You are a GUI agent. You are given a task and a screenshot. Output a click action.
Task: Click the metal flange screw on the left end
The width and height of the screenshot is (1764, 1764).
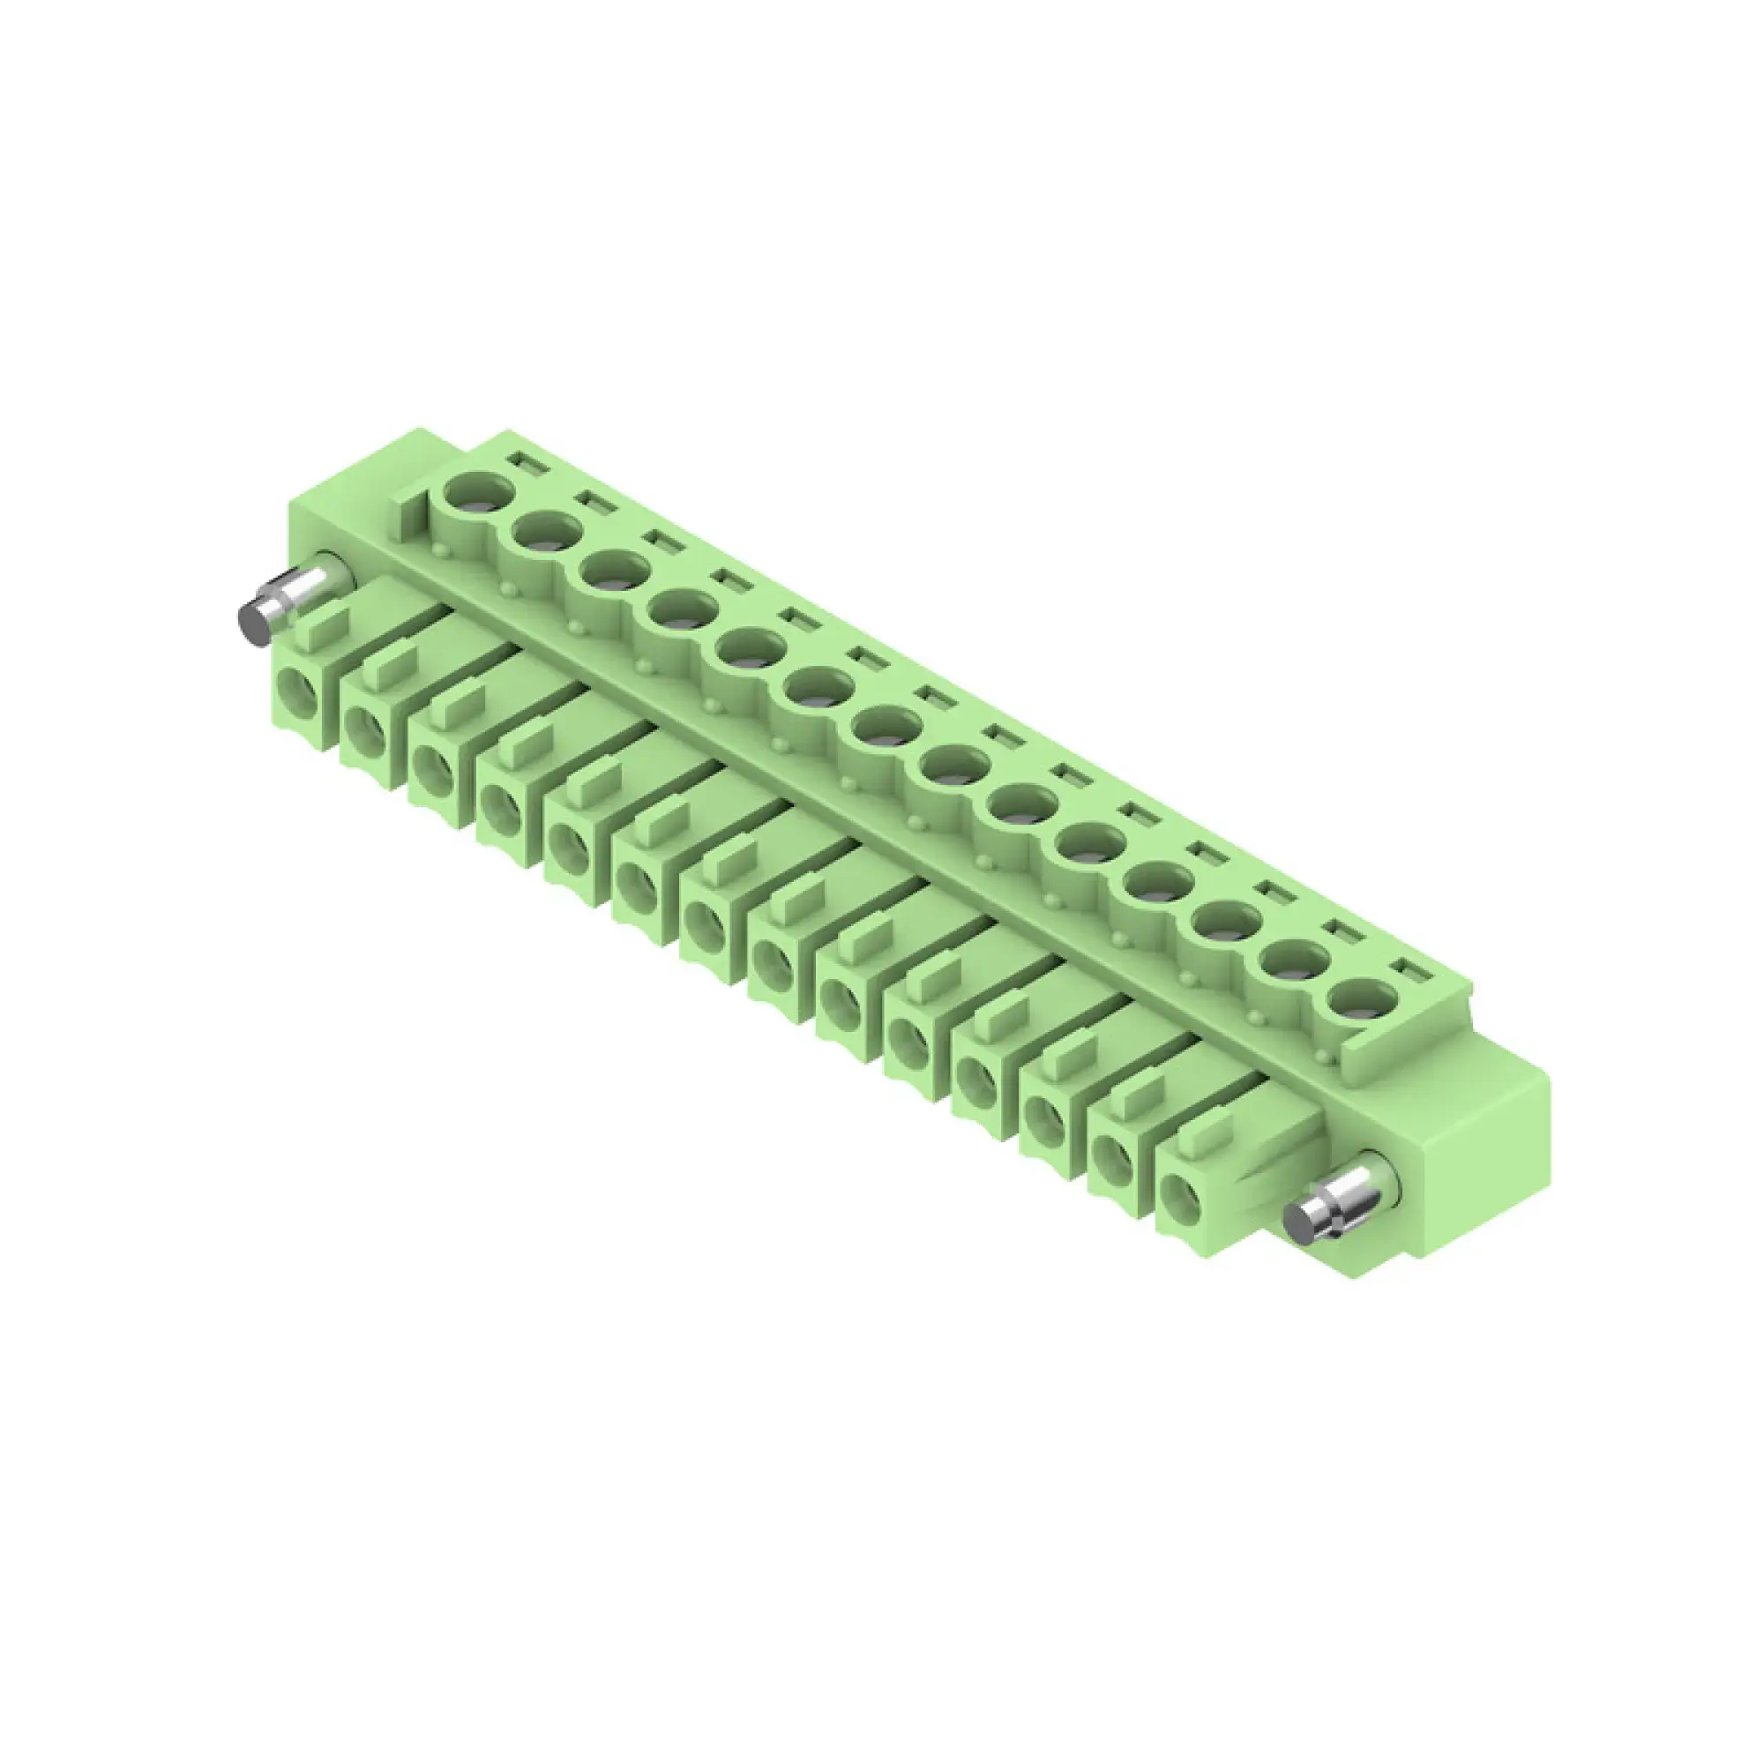[x=274, y=605]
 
